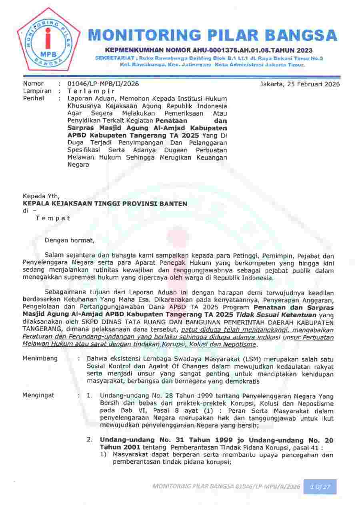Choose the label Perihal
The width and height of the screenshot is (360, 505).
point(34,98)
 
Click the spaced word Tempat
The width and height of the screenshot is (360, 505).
point(53,218)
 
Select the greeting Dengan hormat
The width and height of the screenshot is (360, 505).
point(70,241)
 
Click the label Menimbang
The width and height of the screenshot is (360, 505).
point(40,358)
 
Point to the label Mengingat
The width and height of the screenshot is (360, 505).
point(38,395)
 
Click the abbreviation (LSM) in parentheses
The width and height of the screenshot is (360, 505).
point(254,358)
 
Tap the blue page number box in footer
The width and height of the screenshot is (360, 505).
point(320,487)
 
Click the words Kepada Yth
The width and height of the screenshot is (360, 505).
point(41,196)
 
